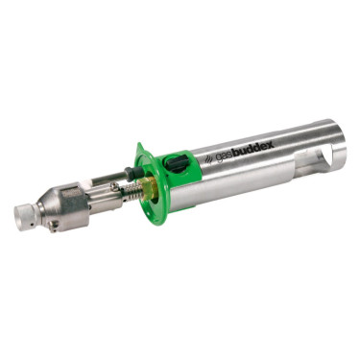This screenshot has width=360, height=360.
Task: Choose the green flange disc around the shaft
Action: [149, 187]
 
